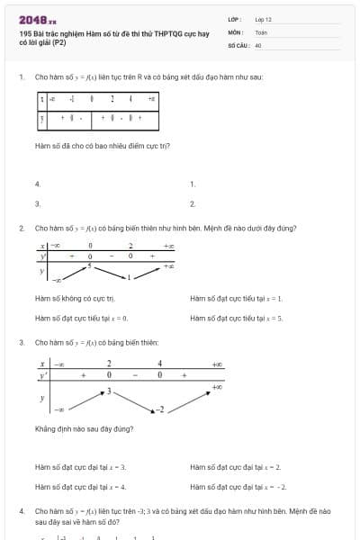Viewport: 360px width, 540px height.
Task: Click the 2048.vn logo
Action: coord(38,19)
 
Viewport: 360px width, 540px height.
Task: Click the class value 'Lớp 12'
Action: coord(263,18)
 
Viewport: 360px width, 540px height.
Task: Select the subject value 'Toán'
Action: coord(261,31)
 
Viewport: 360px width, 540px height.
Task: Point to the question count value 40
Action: coord(258,44)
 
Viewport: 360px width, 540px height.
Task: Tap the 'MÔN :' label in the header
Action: coord(237,31)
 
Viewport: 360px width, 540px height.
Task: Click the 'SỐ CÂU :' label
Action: coord(238,44)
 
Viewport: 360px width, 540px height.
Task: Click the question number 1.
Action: coord(21,77)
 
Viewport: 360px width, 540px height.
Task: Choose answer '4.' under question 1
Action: coord(38,184)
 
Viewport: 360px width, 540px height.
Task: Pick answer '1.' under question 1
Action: coord(193,184)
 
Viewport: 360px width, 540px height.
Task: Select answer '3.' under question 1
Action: coord(38,204)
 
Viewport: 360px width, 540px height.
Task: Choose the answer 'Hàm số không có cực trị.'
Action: coord(75,298)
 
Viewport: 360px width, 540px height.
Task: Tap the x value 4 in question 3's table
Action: coord(160,364)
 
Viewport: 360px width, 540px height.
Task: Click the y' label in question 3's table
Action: coord(41,375)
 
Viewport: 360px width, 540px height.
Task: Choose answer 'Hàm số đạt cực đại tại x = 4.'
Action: coord(80,487)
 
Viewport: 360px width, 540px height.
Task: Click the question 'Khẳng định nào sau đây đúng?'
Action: coord(84,429)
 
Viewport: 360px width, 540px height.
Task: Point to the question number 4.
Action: coord(21,510)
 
